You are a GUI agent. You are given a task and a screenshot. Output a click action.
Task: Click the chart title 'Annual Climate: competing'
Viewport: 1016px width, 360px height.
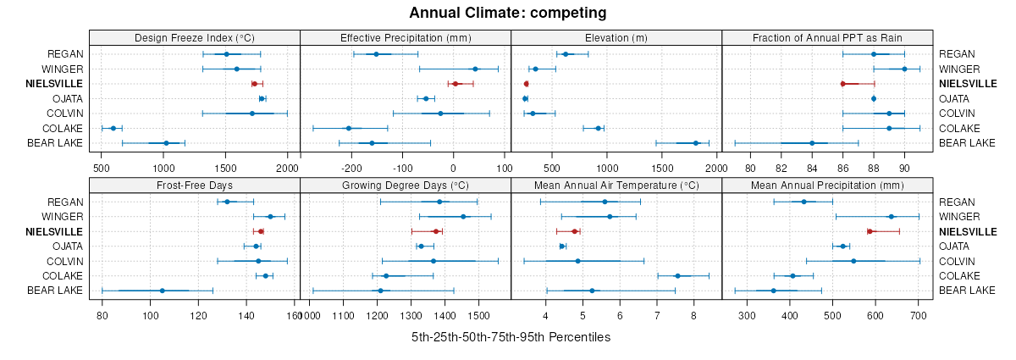tap(507, 13)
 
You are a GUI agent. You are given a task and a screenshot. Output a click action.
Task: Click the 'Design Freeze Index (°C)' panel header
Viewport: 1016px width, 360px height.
tap(194, 37)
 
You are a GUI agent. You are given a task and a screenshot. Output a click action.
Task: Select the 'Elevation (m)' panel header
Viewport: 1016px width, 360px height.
tap(616, 37)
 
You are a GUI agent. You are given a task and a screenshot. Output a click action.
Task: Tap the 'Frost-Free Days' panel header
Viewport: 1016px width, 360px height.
tap(194, 185)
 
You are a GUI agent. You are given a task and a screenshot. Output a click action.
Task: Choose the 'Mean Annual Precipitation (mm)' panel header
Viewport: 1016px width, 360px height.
tap(827, 185)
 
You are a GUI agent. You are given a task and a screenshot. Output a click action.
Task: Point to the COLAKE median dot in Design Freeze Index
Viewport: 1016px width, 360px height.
tap(113, 128)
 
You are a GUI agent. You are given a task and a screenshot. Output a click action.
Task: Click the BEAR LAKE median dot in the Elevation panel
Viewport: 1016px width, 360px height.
tap(696, 143)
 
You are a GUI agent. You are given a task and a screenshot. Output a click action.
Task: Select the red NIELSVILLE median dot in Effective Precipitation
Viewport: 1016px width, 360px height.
tap(456, 84)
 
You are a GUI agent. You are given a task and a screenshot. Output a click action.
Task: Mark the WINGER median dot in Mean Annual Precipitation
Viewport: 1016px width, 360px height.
tap(891, 217)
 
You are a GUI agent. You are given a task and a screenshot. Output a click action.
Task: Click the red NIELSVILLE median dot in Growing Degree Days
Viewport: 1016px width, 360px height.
tap(436, 231)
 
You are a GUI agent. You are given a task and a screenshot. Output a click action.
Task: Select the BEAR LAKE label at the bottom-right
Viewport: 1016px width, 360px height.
tap(967, 291)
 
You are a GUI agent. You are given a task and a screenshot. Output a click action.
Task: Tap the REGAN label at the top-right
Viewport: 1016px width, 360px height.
tap(956, 54)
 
